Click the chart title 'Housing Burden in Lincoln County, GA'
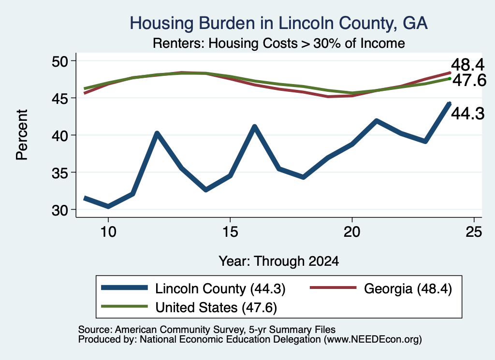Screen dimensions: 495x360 (x=278, y=23)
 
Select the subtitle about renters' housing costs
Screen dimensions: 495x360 (x=278, y=43)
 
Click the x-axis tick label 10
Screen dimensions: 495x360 (x=108, y=232)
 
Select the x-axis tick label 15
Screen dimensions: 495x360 (x=230, y=232)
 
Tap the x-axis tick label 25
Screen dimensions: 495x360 (x=474, y=232)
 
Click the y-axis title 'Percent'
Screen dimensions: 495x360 (x=22, y=135)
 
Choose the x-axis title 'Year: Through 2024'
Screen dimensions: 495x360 (x=279, y=261)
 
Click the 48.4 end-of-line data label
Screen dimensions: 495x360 (x=467, y=65)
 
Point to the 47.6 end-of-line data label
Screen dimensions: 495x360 (x=469, y=80)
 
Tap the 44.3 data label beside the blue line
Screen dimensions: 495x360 (x=467, y=114)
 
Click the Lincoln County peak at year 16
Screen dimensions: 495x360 (x=254, y=127)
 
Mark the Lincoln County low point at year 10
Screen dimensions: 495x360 (x=108, y=206)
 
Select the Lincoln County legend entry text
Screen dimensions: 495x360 (x=220, y=288)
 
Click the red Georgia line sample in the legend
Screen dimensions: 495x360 (x=333, y=288)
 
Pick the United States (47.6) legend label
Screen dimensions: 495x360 (x=216, y=308)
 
